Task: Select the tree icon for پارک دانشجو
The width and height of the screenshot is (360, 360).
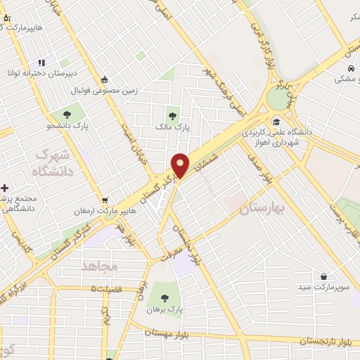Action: [x=67, y=114]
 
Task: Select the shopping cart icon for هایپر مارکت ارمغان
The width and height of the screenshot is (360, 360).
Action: [x=105, y=199]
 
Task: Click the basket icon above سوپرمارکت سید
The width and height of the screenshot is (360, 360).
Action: [x=323, y=277]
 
